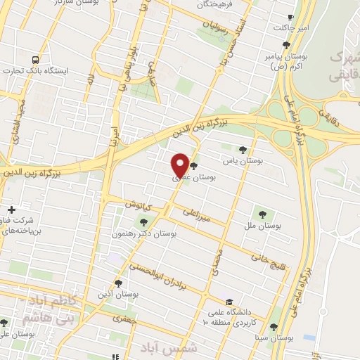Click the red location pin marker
(180, 165)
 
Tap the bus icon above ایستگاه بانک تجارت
(36, 59)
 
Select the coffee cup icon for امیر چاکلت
(291, 18)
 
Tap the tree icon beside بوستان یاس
(243, 149)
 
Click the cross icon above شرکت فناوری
(11, 210)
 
